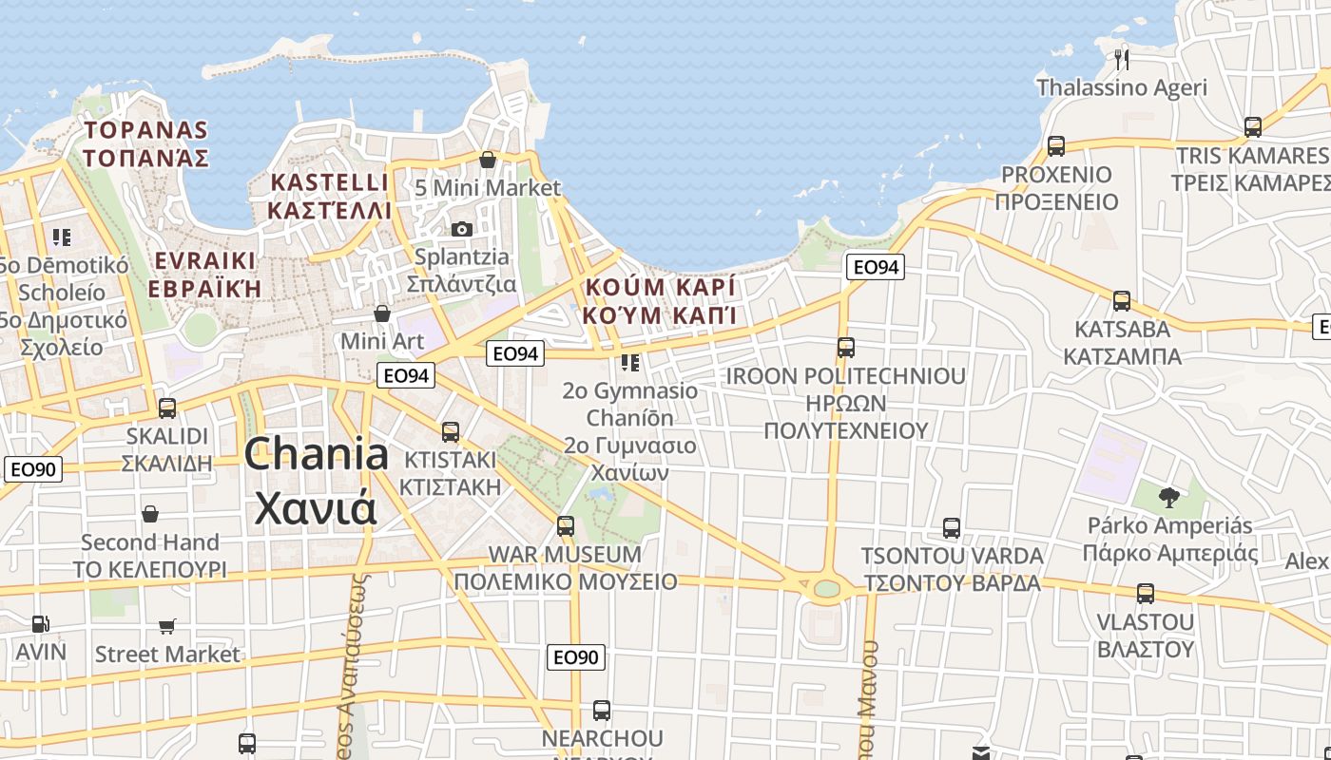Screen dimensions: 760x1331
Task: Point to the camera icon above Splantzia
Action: pos(462,229)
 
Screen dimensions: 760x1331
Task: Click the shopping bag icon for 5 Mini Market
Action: pos(488,160)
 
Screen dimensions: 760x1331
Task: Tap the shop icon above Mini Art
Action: pos(382,313)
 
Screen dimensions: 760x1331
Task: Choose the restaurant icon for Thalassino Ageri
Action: pos(1122,60)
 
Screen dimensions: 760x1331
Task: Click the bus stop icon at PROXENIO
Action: pos(1055,146)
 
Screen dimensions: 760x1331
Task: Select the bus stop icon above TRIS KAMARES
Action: pos(1253,127)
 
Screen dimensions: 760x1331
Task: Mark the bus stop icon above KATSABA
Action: pos(1122,301)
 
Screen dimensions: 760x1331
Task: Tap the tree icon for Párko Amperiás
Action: pos(1169,496)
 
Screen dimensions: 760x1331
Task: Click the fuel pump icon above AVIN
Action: pos(40,624)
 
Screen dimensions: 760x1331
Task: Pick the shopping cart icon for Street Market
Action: pos(167,626)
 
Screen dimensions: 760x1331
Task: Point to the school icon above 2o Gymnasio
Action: pos(630,362)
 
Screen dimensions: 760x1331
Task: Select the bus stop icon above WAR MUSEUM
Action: pos(566,525)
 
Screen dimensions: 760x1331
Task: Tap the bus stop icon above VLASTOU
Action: pos(1146,594)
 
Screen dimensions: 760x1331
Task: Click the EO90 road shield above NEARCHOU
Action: pos(576,656)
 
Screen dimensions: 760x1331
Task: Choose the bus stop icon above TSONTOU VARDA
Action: pos(952,528)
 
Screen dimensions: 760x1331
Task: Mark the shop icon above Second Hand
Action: pos(150,515)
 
